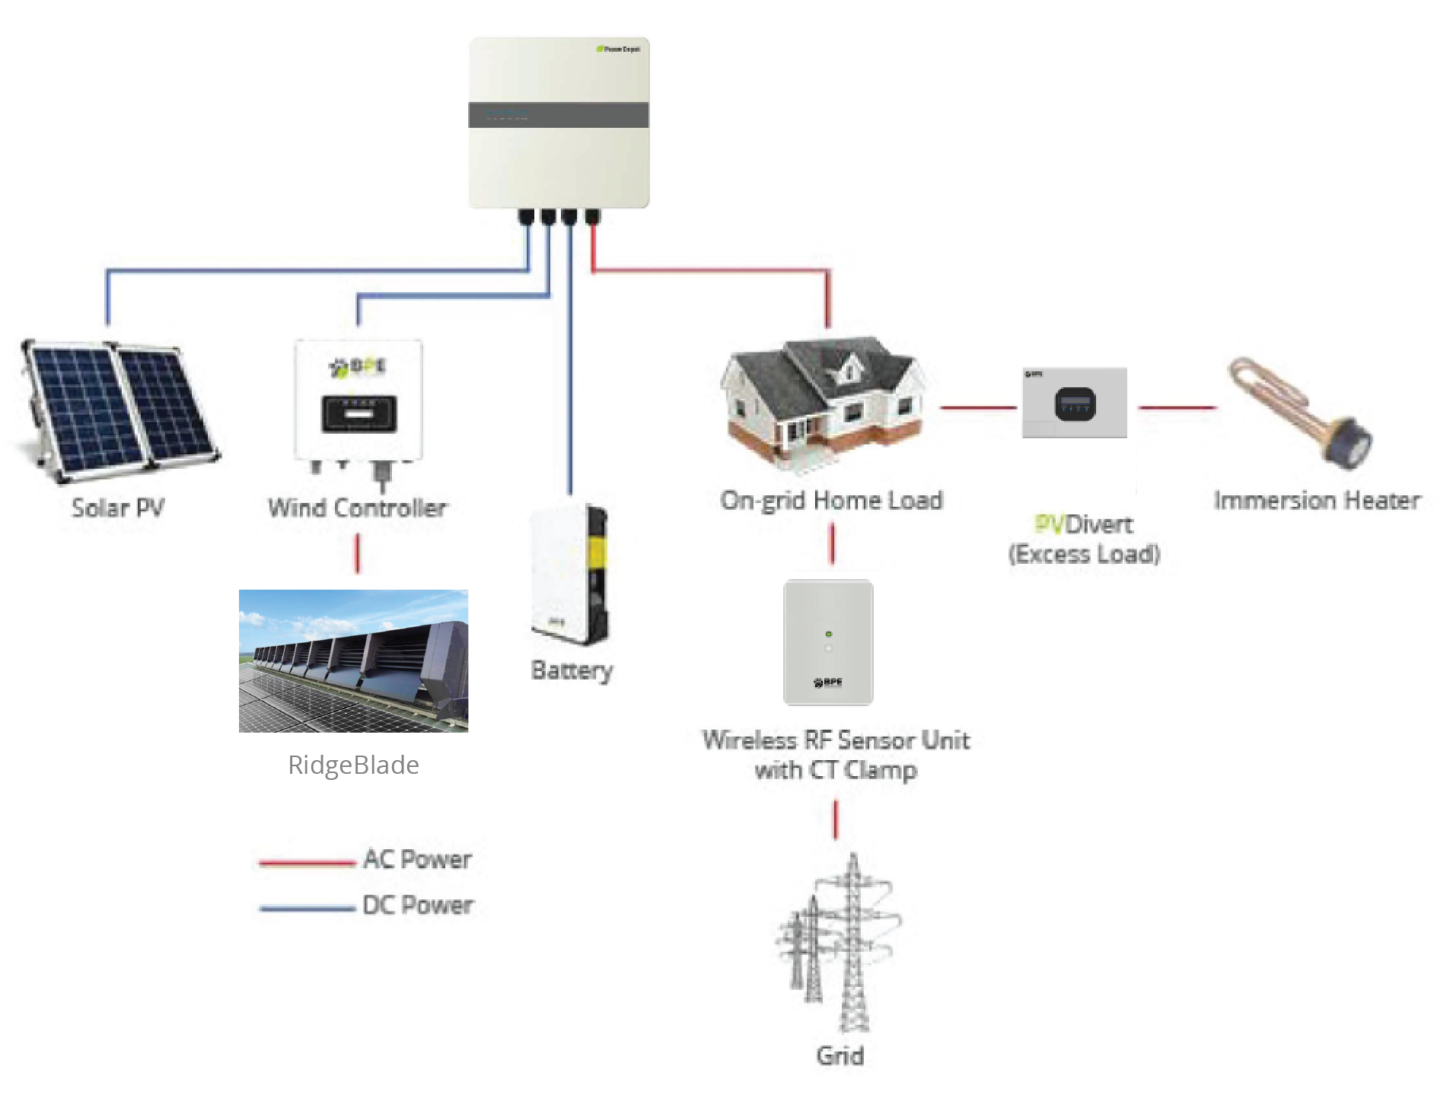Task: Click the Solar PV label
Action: click(x=118, y=508)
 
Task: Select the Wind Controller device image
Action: click(x=358, y=403)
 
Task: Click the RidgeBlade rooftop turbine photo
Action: click(x=353, y=660)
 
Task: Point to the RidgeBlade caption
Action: click(x=353, y=765)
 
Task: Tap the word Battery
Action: click(x=572, y=670)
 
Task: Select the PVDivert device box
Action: click(x=1074, y=403)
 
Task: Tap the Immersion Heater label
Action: click(x=1317, y=500)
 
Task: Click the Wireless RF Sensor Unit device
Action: click(x=828, y=642)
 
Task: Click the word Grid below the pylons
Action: click(x=840, y=1055)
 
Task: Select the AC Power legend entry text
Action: click(x=417, y=860)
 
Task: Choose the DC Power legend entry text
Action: click(x=418, y=905)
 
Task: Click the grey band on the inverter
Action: click(x=558, y=115)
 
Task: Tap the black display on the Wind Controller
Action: click(x=358, y=414)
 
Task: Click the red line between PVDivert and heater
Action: click(x=1177, y=408)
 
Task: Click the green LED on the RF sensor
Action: click(x=828, y=633)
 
